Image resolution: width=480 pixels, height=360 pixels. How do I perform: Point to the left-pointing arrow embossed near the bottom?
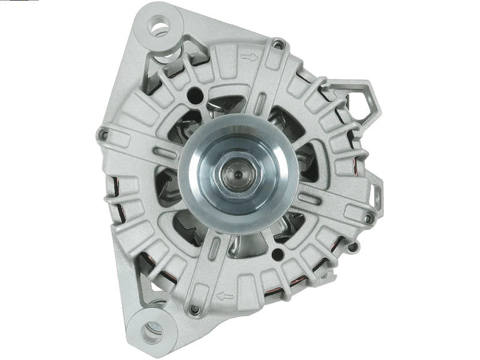pyautogui.click(x=225, y=295)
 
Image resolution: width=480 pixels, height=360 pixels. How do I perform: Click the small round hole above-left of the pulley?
pyautogui.click(x=195, y=94)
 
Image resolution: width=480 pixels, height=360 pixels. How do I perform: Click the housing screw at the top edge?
pyautogui.click(x=277, y=43)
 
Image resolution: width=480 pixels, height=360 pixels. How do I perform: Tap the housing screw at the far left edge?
pyautogui.click(x=103, y=134)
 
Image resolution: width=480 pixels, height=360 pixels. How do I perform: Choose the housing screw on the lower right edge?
pyautogui.click(x=353, y=246)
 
